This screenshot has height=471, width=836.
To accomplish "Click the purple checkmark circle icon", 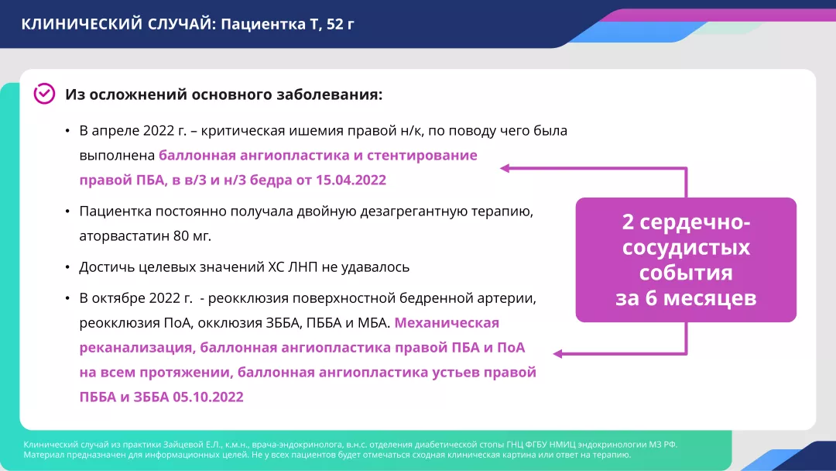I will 44,94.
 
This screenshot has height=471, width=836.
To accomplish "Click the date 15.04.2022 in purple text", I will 351,180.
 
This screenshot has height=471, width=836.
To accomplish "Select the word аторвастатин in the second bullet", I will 122,235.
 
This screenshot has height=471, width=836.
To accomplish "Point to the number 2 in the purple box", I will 629,223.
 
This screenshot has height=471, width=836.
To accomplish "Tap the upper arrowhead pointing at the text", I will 504,167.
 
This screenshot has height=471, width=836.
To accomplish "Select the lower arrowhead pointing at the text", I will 557,353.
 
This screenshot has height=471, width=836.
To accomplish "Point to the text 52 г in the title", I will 341,24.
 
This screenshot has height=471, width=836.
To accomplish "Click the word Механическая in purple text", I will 447,322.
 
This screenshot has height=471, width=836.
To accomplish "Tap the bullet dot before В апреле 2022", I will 68,131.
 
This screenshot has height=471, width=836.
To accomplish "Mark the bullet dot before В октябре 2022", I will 68,298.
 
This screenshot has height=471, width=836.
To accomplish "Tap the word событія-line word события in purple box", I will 686,273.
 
